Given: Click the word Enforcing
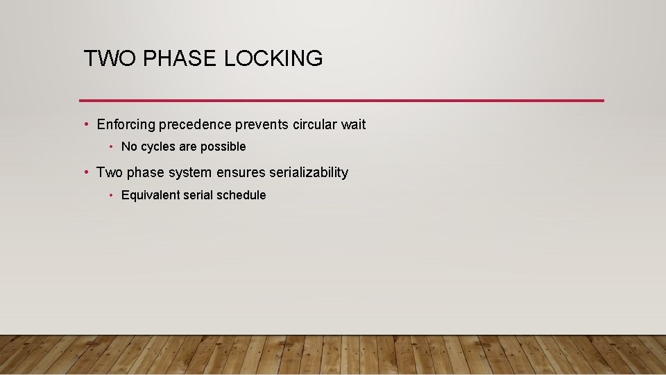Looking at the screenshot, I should pos(126,125).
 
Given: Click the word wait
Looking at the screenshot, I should pos(353,125).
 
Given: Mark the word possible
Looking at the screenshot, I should pos(223,147).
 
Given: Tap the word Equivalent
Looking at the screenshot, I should pos(149,195).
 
